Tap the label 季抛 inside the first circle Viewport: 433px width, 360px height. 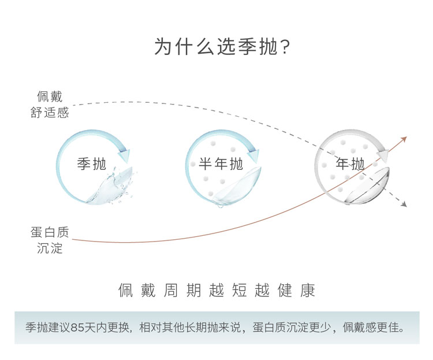point(92,164)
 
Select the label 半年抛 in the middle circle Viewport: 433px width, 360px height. point(221,164)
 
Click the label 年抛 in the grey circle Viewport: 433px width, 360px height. point(350,164)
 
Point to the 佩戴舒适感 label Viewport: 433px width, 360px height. point(50,105)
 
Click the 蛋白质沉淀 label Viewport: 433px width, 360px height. point(50,240)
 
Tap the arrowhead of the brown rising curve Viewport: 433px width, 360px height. point(404,139)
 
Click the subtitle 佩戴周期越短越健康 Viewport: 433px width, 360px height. point(216,290)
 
